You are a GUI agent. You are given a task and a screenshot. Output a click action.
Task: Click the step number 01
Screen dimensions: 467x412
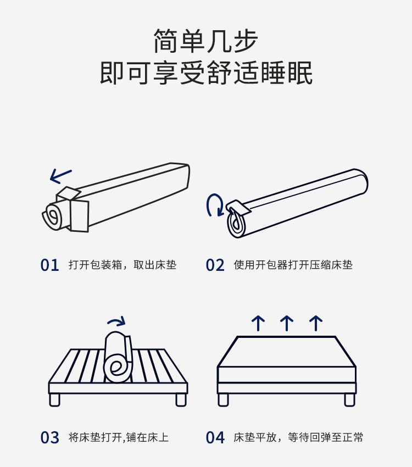tap(49, 265)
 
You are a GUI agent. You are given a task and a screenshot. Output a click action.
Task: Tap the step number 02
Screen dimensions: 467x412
tap(215, 265)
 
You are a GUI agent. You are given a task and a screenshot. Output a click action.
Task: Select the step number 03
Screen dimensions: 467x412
tap(49, 438)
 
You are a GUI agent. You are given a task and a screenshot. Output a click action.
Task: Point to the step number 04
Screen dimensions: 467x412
tap(215, 438)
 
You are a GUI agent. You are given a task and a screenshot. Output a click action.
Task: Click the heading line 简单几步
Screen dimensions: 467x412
tap(206, 41)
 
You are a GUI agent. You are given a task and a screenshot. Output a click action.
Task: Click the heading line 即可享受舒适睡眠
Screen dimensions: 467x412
tap(206, 73)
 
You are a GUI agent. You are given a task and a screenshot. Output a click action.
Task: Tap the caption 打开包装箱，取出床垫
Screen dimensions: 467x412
tap(123, 265)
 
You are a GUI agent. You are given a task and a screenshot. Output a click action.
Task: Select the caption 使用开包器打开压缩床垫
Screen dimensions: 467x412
tap(293, 265)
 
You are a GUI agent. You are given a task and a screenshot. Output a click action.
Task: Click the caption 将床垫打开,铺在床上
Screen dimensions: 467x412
tap(118, 438)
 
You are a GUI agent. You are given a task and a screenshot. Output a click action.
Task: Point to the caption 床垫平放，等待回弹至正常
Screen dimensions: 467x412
tap(298, 438)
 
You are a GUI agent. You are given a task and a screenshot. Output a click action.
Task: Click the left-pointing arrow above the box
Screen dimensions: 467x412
tap(60, 176)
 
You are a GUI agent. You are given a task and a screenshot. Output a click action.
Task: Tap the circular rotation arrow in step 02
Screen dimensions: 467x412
tap(214, 205)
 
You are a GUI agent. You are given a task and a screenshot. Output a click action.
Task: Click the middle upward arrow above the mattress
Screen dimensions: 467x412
tap(286, 323)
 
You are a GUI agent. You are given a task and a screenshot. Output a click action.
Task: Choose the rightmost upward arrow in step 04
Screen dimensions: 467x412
tap(315, 323)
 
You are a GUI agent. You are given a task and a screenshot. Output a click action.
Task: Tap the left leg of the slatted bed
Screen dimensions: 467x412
tap(55, 399)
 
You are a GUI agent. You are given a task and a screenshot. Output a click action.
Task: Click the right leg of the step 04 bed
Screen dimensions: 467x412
tap(349, 399)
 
